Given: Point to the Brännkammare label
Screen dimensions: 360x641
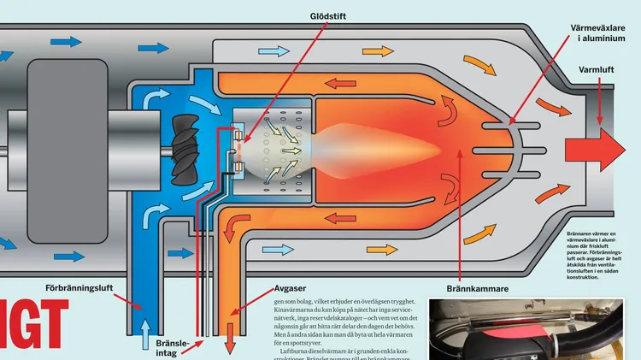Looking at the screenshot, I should point(477,289).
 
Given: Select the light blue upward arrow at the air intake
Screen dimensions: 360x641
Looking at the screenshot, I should point(145,335).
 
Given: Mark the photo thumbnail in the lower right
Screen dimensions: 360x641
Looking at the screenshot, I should point(533,329).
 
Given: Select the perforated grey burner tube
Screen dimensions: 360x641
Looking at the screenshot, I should point(273,145).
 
